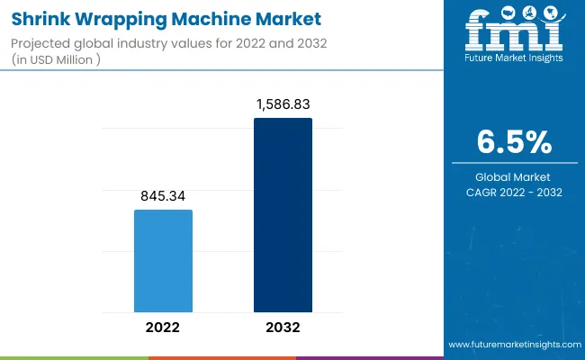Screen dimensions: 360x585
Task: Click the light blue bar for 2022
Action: (163, 261)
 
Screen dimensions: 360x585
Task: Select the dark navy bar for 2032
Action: (283, 215)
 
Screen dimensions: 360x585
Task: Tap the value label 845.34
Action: (163, 196)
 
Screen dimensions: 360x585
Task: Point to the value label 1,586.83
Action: (283, 104)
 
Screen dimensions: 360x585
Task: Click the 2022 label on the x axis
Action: (163, 327)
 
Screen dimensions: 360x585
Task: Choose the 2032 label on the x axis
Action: (283, 327)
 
